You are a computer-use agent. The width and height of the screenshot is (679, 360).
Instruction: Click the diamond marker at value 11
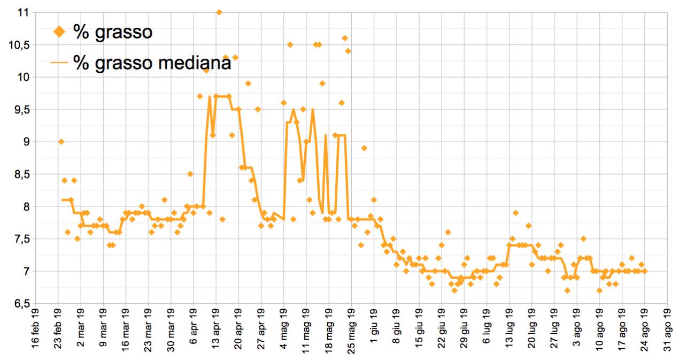219,12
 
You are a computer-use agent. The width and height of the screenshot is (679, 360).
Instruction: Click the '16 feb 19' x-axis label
35,327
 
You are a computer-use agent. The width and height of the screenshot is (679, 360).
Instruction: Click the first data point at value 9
61,142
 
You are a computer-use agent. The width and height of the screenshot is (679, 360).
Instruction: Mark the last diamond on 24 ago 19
645,271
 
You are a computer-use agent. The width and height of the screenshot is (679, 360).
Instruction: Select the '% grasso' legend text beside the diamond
113,32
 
